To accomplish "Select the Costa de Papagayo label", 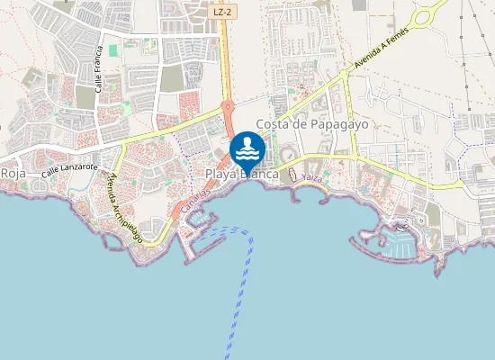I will [x=312, y=124].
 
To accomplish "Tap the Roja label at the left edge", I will [x=13, y=172].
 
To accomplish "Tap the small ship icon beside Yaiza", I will [x=292, y=171].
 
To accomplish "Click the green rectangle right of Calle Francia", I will [x=113, y=50].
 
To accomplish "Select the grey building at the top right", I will [x=360, y=5].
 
